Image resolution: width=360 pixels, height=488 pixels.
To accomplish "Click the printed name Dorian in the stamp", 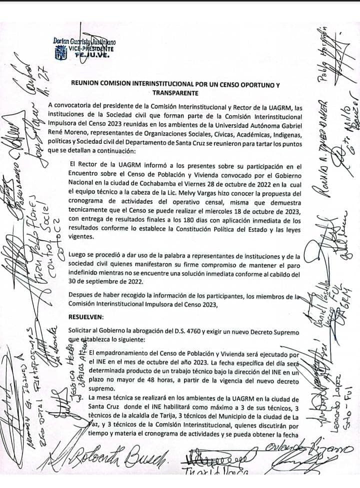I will tap(62, 41).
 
